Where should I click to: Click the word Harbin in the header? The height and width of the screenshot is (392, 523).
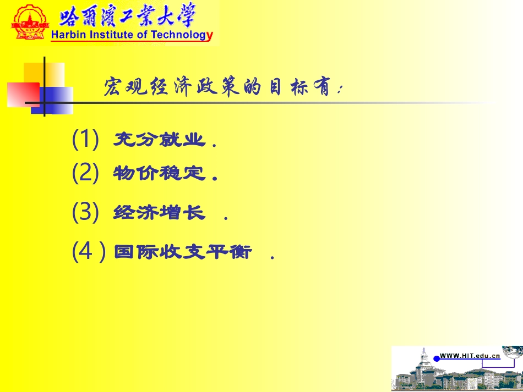[x=66, y=36]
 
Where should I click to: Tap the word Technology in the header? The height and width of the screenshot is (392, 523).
[x=178, y=36]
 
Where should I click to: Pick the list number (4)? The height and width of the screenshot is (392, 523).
[x=88, y=252]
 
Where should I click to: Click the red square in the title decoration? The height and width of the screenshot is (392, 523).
[x=23, y=93]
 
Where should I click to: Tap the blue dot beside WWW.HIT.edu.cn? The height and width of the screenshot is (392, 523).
[x=437, y=358]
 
